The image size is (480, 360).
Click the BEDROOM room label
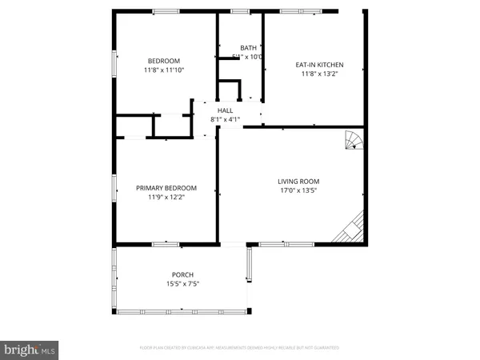tap(163, 61)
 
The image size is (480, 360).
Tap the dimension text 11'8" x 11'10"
tap(163, 70)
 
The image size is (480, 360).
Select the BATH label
tap(249, 48)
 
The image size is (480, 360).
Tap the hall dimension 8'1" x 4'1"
tap(225, 119)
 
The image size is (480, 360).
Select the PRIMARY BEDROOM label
tap(166, 188)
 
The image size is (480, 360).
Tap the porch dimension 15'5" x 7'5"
tap(182, 283)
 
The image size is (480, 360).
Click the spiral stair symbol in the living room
tap(353, 142)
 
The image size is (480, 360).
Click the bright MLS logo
tap(30, 349)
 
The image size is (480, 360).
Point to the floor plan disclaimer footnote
tap(239, 348)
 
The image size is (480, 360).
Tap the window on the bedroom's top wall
tap(166, 11)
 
